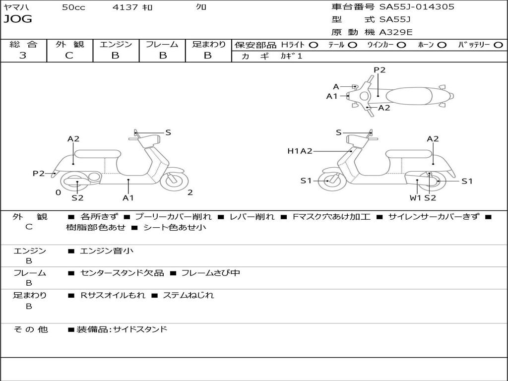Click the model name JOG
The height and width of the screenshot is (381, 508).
point(18,19)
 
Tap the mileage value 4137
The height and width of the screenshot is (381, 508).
point(126,7)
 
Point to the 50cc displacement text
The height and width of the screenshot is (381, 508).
point(73,7)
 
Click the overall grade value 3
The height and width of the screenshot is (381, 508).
point(23,56)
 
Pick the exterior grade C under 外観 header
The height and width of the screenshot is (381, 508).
point(69,56)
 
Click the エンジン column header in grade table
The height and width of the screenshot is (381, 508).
point(116,44)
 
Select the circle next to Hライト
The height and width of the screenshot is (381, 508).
point(314,45)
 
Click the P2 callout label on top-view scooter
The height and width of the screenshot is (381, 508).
point(380,70)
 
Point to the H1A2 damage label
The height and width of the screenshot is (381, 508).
point(300,151)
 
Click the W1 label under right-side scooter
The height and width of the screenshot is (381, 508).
point(415,198)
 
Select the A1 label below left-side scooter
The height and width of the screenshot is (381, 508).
point(128,198)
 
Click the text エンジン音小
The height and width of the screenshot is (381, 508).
point(107,251)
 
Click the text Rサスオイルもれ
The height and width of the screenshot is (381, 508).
point(113,295)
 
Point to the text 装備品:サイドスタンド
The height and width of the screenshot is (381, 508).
point(122,329)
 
